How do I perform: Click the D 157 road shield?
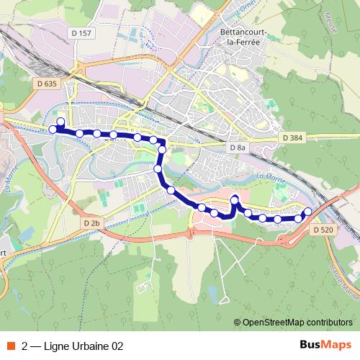[x=82, y=33]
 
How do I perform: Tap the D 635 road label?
[x=45, y=84]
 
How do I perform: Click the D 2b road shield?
[x=91, y=223]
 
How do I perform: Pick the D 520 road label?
[x=324, y=229]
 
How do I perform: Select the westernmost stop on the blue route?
[x=53, y=130]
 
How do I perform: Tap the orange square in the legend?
[x=11, y=346]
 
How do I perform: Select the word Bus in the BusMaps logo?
[x=312, y=345]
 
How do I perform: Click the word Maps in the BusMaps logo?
[x=337, y=345]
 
